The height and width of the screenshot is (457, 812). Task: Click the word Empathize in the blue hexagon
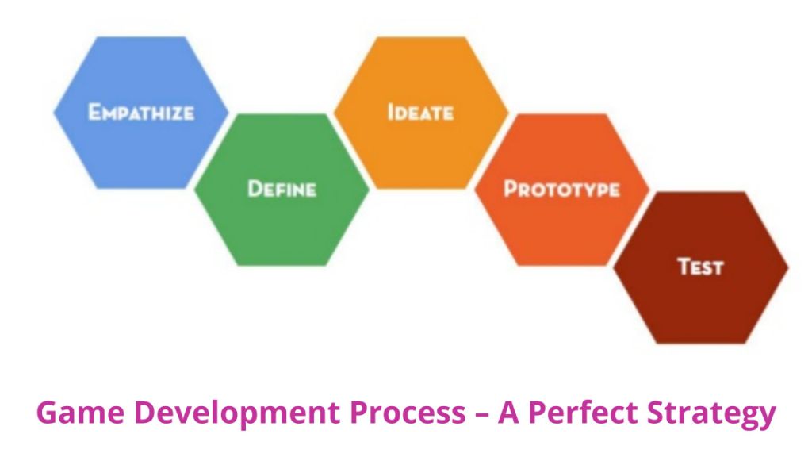(x=140, y=112)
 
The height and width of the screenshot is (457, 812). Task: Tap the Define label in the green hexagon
(x=282, y=189)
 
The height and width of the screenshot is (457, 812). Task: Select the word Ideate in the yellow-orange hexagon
(x=420, y=112)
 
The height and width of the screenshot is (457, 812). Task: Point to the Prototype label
(x=561, y=190)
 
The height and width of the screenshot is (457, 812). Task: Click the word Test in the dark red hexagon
(x=700, y=267)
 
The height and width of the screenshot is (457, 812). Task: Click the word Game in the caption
(x=73, y=413)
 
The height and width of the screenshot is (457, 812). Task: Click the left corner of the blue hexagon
(x=55, y=112)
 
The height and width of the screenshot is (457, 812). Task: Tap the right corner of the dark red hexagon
(x=788, y=267)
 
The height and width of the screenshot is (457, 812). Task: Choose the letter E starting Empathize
(x=94, y=112)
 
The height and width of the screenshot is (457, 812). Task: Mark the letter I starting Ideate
(x=391, y=112)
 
